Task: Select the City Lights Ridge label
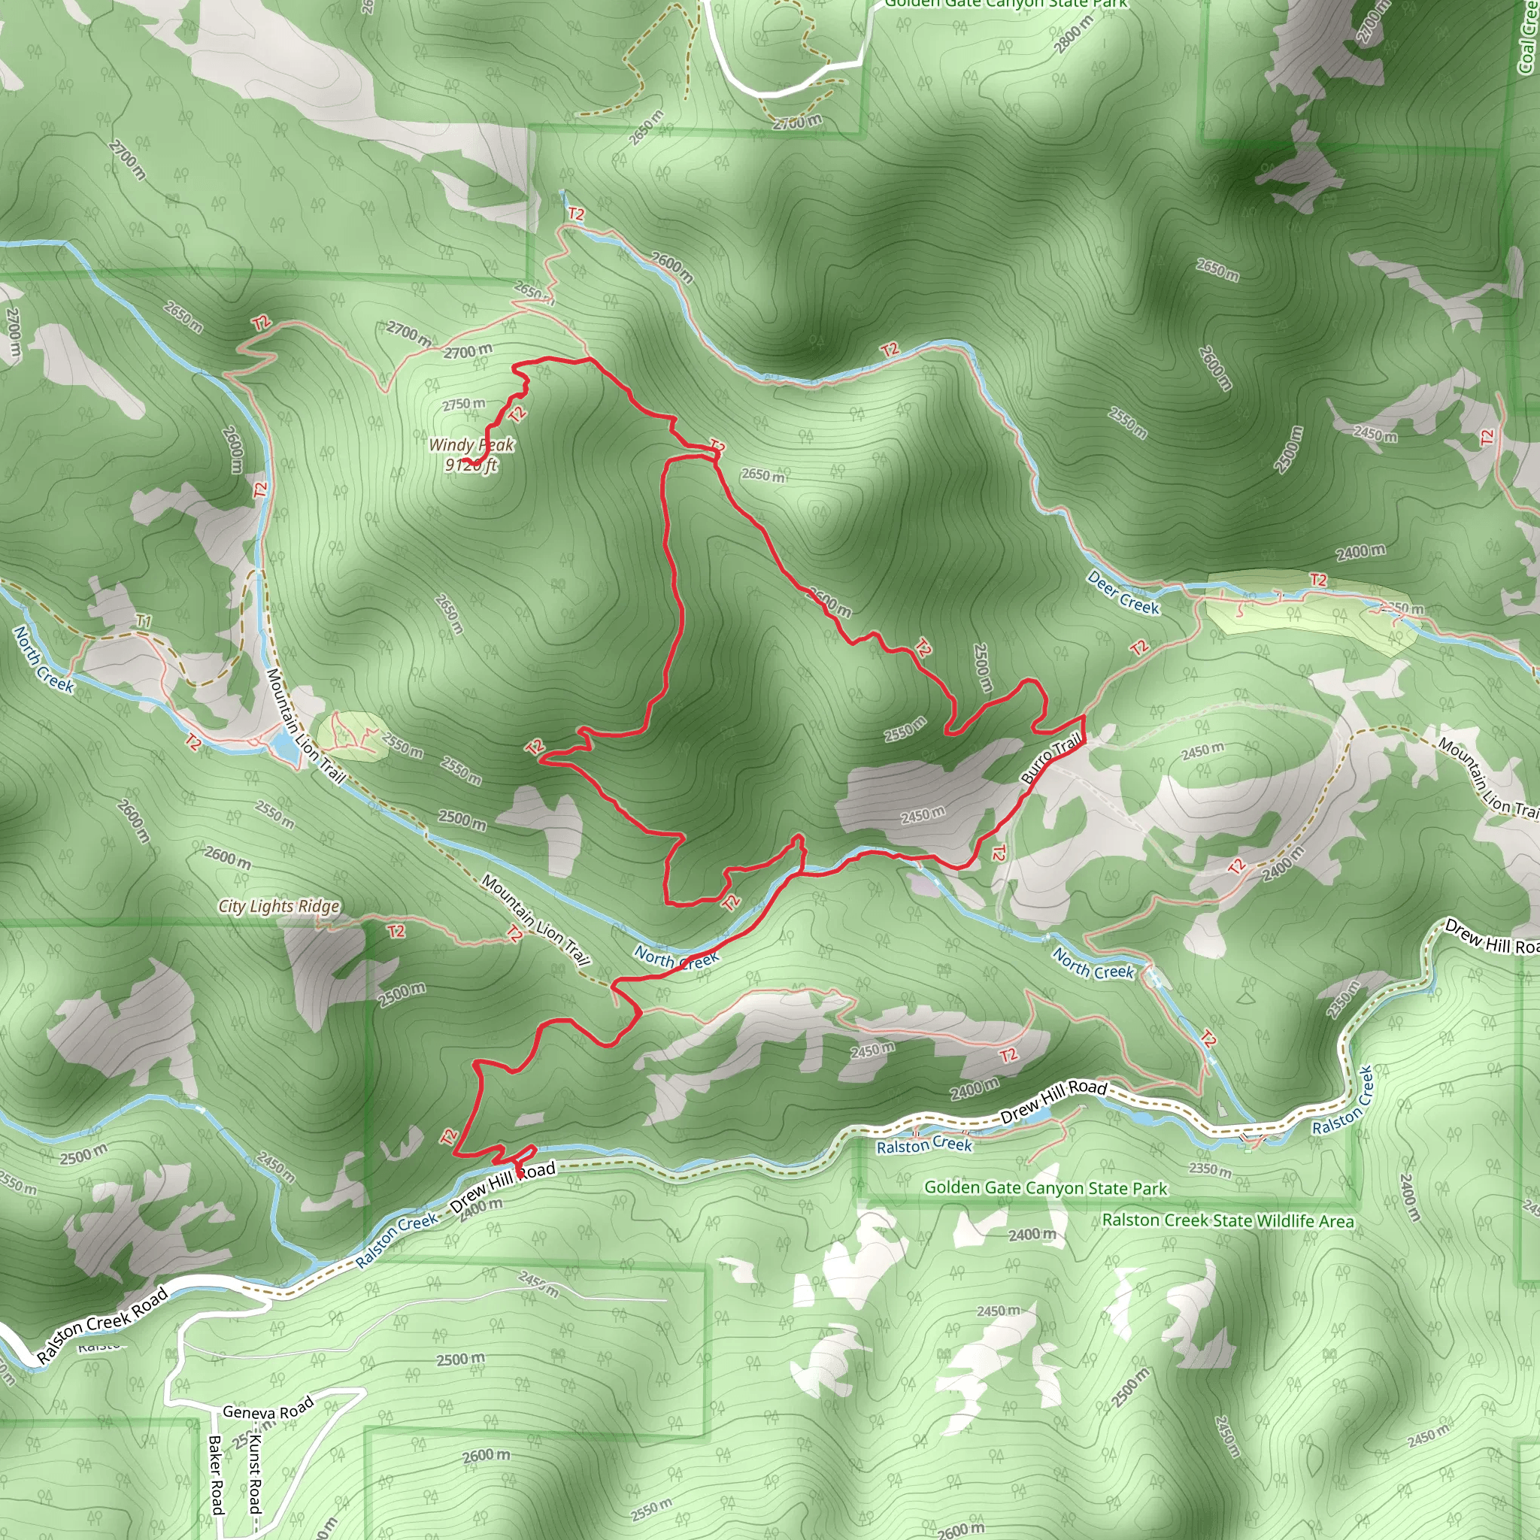tap(279, 906)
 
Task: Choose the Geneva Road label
tap(268, 1410)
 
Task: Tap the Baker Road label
tap(215, 1474)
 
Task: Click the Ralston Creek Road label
tap(103, 1325)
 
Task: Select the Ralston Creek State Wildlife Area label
tap(1227, 1220)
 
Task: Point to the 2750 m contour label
tap(463, 404)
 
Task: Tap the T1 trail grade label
tap(144, 621)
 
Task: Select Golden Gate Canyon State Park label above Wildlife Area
tap(1045, 1187)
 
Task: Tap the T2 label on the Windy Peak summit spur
tap(517, 414)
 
